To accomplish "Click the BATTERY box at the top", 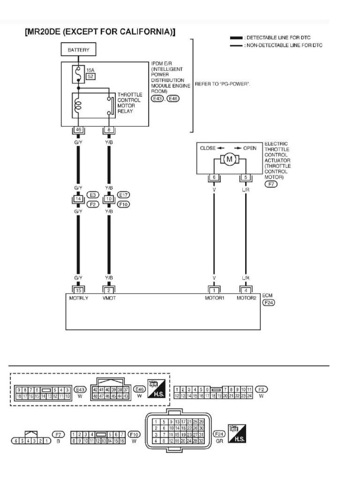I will pos(78,49).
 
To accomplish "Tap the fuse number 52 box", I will pos(90,76).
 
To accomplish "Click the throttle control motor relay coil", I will pos(78,105).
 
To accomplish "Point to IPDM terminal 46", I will pos(78,130).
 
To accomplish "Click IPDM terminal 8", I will pos(109,130).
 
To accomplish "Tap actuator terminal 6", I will pos(214,178).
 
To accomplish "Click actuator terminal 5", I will pos(245,178).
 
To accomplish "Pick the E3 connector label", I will pos(93,195).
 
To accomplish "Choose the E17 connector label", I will pos(124,195).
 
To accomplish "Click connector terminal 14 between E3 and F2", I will pos(78,199).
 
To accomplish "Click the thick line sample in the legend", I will pos(237,37).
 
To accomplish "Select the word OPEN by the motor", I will pos(249,148).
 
